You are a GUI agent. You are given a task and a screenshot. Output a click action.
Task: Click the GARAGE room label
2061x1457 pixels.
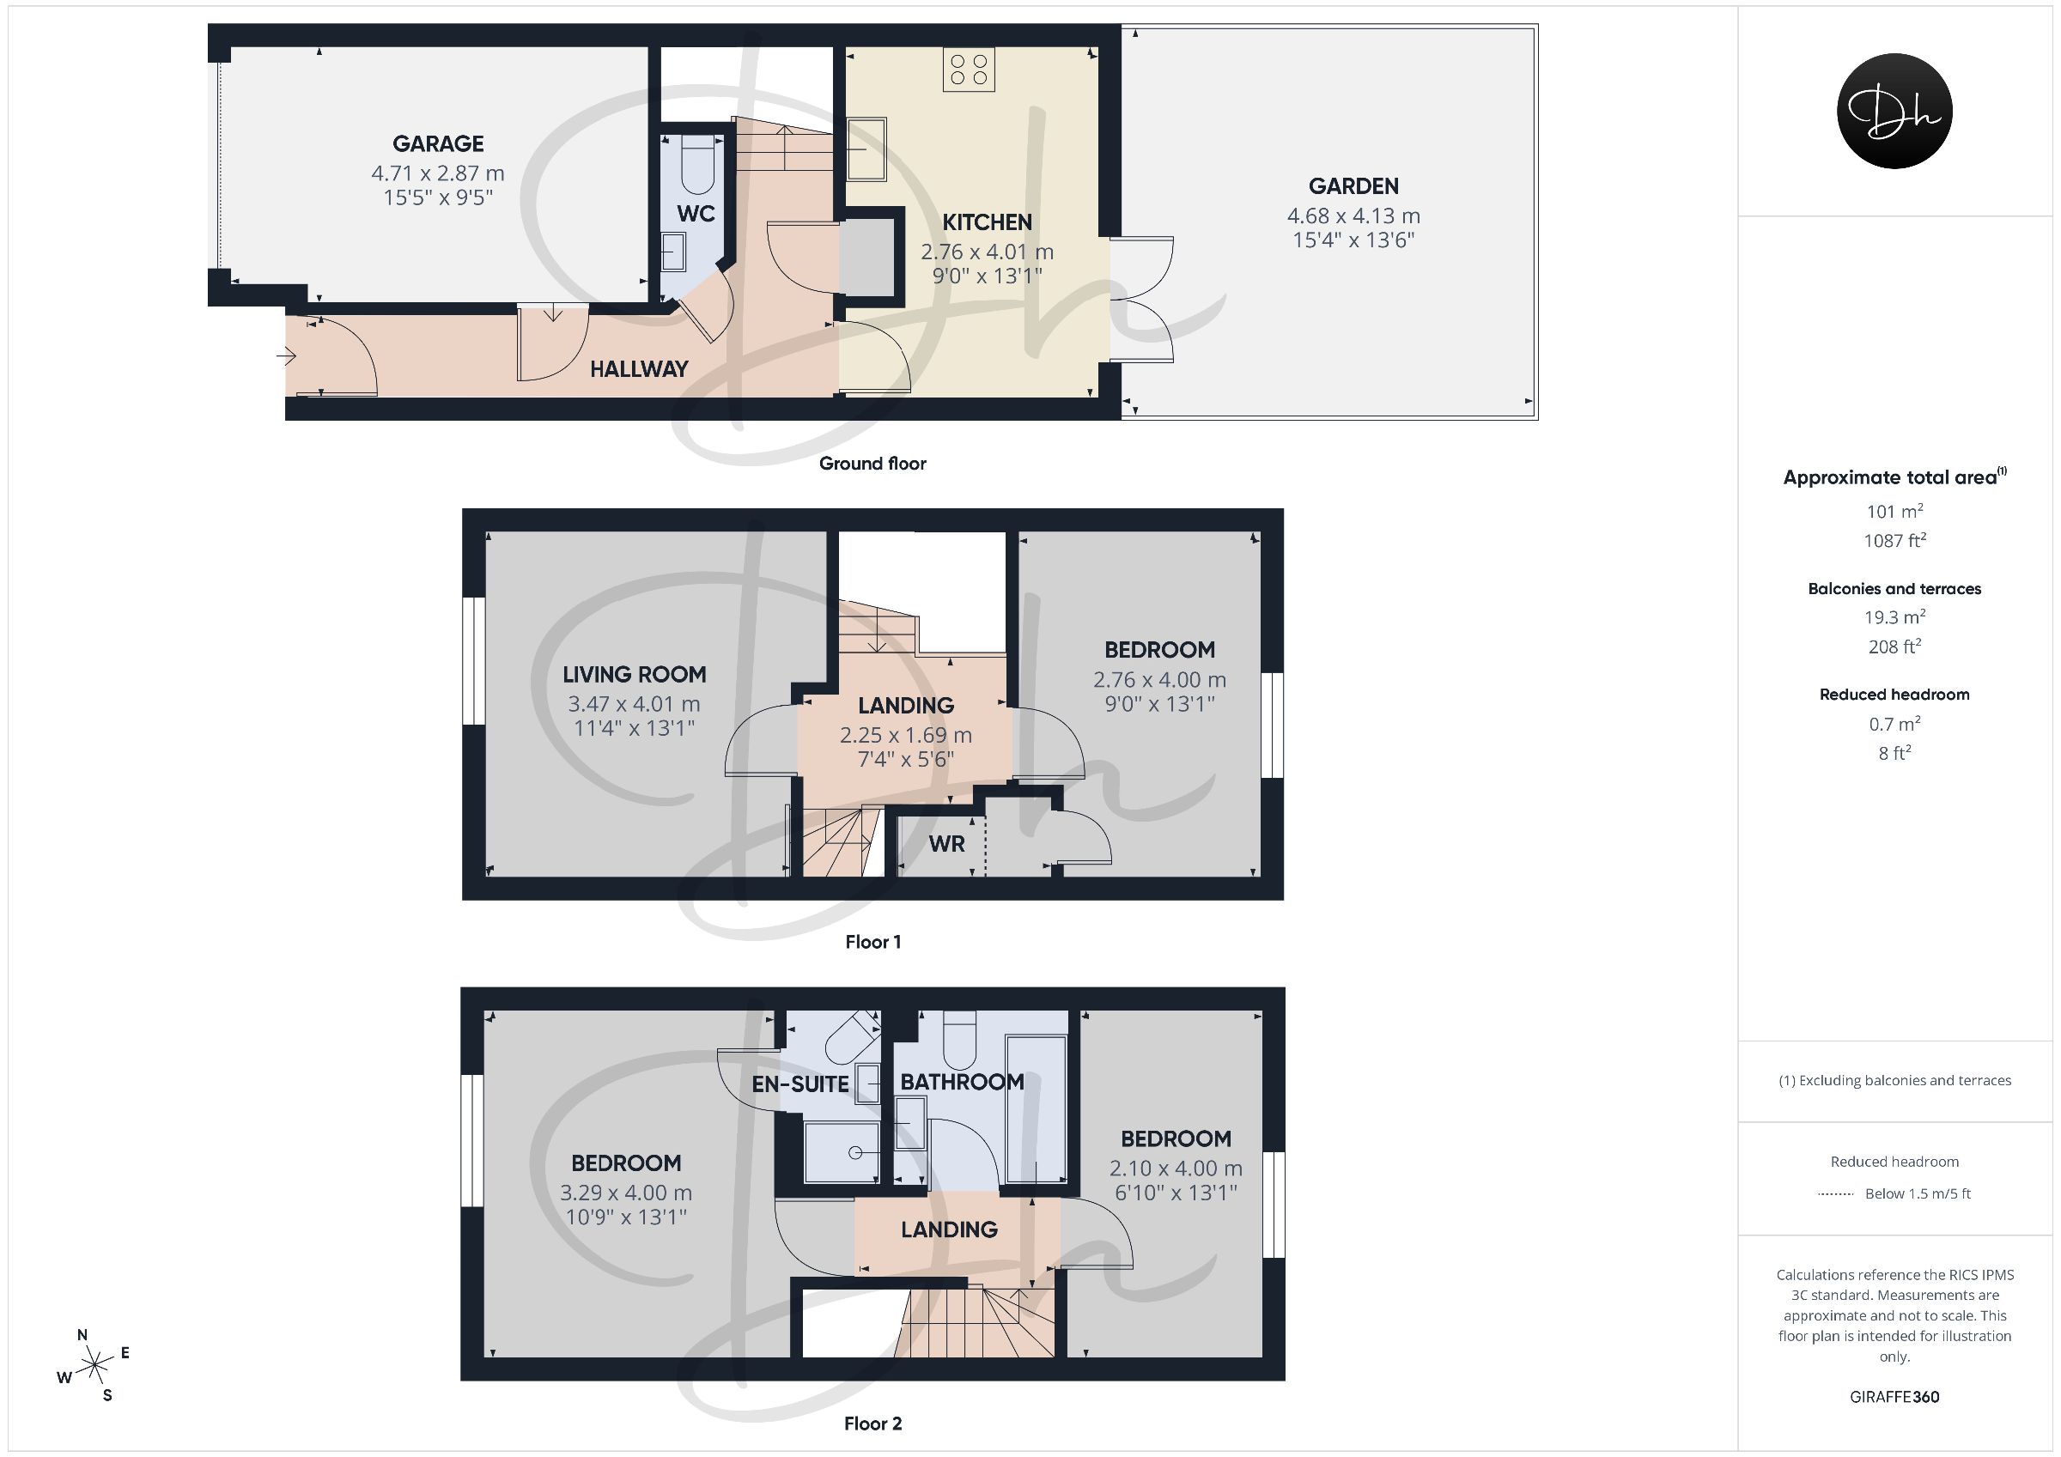pyautogui.click(x=438, y=143)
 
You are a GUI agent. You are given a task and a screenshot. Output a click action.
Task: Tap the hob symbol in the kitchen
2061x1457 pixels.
pyautogui.click(x=969, y=70)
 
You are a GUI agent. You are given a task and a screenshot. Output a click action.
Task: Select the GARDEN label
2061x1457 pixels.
pyautogui.click(x=1353, y=185)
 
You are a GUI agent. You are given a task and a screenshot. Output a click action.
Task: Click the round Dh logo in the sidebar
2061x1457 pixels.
pyautogui.click(x=1895, y=111)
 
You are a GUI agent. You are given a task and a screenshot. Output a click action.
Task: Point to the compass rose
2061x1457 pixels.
pyautogui.click(x=94, y=1366)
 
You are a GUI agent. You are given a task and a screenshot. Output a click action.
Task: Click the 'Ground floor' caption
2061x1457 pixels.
pyautogui.click(x=872, y=464)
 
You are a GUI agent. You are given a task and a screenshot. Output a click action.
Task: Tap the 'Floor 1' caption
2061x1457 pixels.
pyautogui.click(x=872, y=942)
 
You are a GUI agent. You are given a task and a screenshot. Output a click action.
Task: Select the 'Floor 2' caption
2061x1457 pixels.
pyautogui.click(x=872, y=1423)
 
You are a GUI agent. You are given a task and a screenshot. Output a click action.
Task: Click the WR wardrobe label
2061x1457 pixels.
pyautogui.click(x=947, y=844)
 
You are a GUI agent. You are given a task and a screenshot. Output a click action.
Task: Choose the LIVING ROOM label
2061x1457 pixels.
pyautogui.click(x=635, y=674)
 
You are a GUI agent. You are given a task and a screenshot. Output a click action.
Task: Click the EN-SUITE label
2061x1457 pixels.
pyautogui.click(x=799, y=1084)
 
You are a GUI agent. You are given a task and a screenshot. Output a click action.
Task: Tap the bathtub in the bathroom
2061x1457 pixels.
pyautogui.click(x=1037, y=1109)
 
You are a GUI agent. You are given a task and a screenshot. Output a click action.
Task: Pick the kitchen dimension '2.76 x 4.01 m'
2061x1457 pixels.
pyautogui.click(x=988, y=252)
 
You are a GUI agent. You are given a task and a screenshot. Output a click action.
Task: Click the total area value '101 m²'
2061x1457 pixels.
pyautogui.click(x=1895, y=511)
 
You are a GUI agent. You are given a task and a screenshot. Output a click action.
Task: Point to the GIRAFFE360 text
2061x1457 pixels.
pyautogui.click(x=1895, y=1397)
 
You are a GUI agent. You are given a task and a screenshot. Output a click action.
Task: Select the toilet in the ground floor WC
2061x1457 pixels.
pyautogui.click(x=697, y=165)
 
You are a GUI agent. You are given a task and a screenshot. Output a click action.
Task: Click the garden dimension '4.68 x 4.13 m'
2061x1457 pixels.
pyautogui.click(x=1353, y=216)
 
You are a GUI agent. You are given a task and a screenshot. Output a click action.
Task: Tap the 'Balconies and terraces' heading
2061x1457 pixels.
pyautogui.click(x=1895, y=589)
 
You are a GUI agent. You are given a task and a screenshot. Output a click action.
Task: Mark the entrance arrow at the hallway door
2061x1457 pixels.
pyautogui.click(x=286, y=357)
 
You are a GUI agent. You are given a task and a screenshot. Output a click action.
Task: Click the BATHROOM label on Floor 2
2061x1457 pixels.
pyautogui.click(x=963, y=1082)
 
